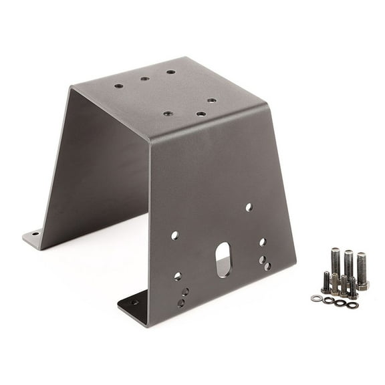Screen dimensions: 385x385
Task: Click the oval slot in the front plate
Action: point(223,259)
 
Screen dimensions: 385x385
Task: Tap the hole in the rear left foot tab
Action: point(33,235)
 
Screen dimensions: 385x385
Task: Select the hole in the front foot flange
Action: point(134,302)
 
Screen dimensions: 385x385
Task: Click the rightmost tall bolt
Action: point(362,269)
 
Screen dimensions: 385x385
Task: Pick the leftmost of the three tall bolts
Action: point(336,262)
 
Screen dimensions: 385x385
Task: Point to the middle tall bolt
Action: point(348,265)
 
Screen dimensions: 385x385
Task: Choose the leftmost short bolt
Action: point(326,281)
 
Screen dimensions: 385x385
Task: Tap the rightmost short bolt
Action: point(352,287)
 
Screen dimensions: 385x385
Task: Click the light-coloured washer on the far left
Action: point(316,297)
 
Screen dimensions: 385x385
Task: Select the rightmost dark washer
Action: point(352,304)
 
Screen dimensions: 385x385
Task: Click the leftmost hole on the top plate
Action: point(119,86)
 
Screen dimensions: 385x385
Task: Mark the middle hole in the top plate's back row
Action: point(144,79)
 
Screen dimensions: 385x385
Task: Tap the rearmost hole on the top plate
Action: point(170,72)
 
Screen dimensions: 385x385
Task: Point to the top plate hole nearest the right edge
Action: point(211,100)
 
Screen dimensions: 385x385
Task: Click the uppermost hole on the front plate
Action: point(249,208)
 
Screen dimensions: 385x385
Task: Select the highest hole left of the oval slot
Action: point(175,235)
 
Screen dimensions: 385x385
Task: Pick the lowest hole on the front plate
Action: point(181,303)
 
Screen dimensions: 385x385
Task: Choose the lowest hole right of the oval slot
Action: point(267,266)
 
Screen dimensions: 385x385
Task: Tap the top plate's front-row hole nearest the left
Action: point(167,114)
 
